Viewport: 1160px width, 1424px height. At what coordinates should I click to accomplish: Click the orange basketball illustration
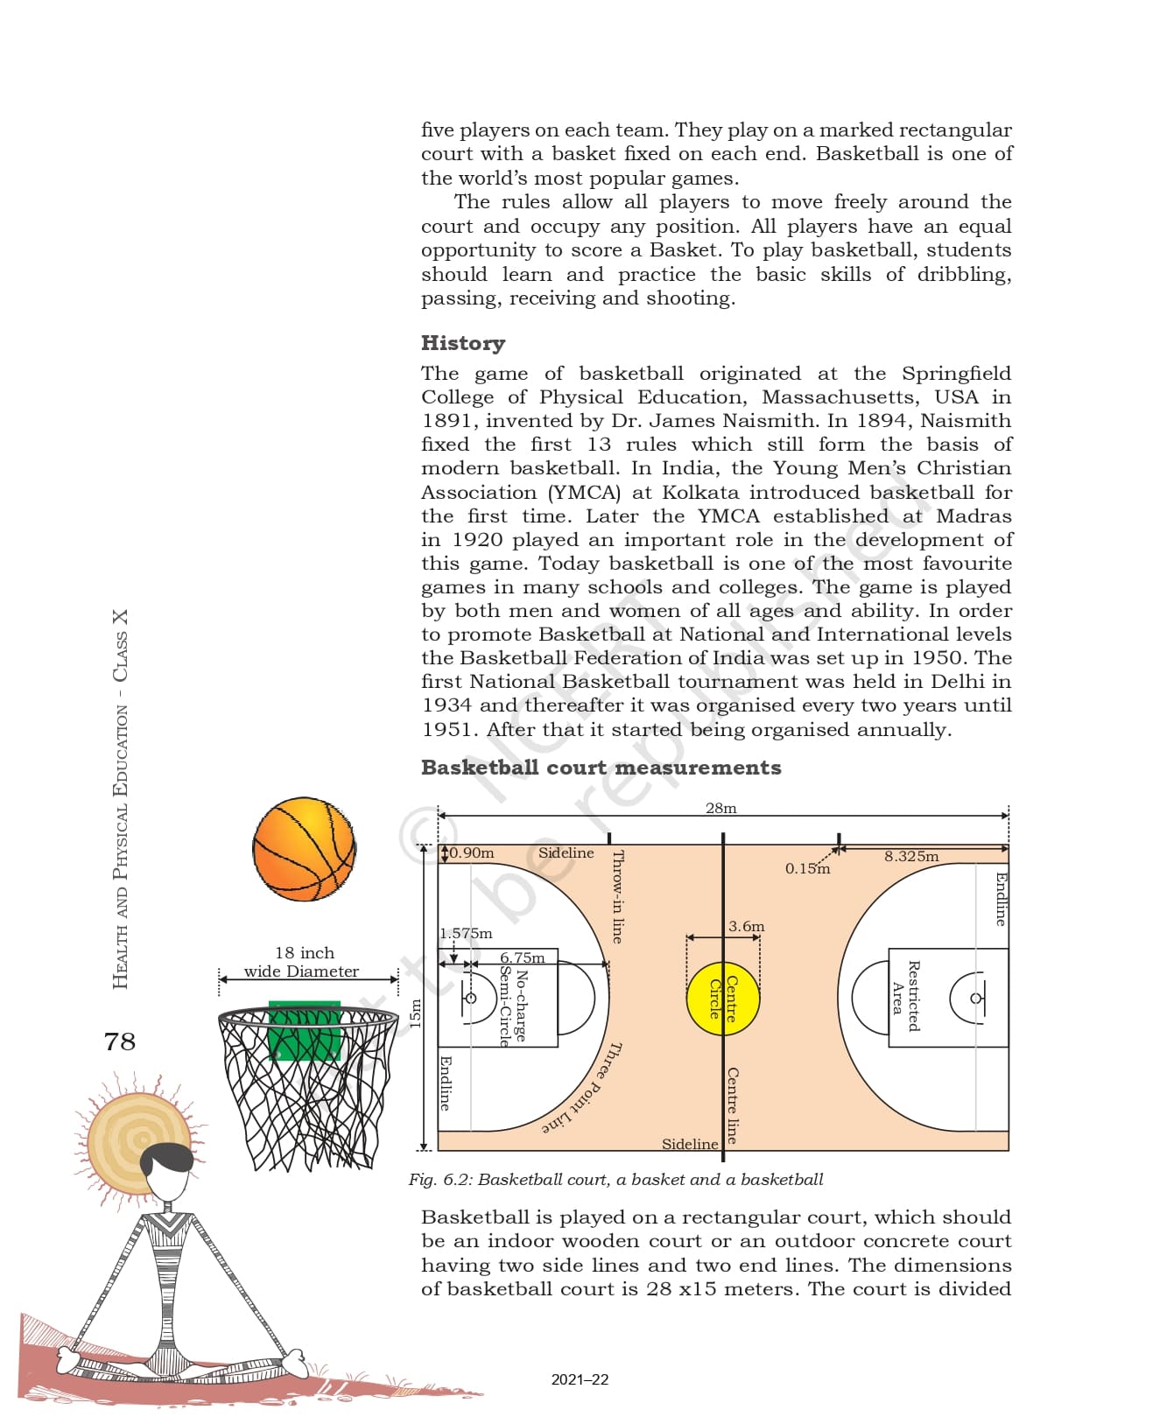coord(304,849)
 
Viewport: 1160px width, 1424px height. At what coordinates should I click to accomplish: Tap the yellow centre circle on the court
coord(723,998)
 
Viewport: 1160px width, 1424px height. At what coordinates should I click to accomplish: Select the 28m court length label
coord(721,808)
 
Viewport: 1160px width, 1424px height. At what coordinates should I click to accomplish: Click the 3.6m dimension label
coord(746,926)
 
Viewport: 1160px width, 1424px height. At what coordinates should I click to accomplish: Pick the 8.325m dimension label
coord(910,856)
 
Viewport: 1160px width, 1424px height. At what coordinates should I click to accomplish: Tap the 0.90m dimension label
coord(472,852)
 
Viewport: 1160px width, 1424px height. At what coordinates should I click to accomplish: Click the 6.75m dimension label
coord(522,958)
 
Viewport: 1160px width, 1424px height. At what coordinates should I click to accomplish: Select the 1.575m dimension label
coord(466,933)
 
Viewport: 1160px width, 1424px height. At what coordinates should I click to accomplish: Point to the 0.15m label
coord(807,868)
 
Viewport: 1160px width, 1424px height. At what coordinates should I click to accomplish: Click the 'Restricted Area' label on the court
coord(905,997)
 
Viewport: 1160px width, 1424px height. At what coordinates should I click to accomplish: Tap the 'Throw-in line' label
coord(617,896)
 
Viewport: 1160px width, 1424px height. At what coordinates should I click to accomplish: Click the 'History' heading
coord(463,343)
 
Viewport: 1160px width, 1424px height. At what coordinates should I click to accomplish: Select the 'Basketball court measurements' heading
coord(601,768)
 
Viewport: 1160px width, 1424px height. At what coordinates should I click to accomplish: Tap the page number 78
coord(120,1042)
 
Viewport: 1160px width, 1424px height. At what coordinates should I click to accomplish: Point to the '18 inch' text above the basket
coord(304,952)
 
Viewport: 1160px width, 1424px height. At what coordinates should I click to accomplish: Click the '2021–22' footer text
coord(580,1379)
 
